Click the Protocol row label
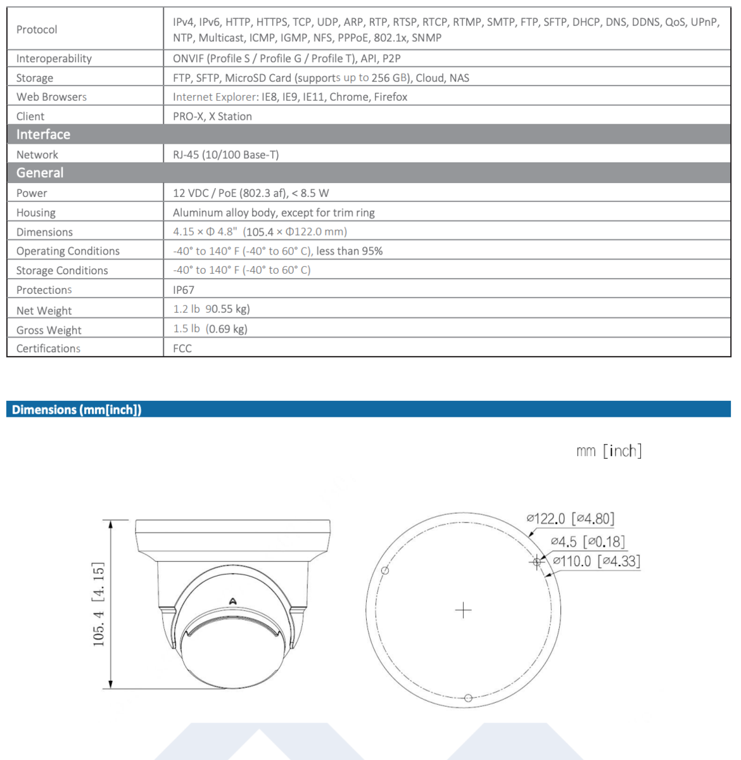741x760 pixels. point(37,30)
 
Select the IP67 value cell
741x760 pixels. point(184,290)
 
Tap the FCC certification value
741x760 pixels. point(182,348)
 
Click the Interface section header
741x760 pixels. point(43,134)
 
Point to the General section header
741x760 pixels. point(40,173)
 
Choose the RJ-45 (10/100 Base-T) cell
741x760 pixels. point(225,155)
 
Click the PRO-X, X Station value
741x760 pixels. point(212,117)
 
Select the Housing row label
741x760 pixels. point(36,213)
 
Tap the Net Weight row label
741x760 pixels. point(44,310)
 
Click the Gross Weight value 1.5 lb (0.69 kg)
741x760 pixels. point(210,329)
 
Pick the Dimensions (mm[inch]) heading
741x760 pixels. point(77,410)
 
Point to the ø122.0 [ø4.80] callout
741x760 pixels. point(570,519)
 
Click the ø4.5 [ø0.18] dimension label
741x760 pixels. point(588,541)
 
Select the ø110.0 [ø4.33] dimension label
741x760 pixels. point(596,561)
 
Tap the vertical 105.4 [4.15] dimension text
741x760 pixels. point(99,604)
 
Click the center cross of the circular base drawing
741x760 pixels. point(464,610)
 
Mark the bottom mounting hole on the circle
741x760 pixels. point(468,698)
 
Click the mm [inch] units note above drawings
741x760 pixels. point(609,451)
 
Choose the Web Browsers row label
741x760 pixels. point(51,97)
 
